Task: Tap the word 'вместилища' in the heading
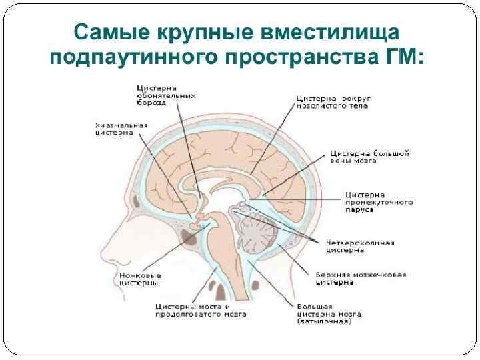pos(332,32)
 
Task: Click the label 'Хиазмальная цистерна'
pos(121,129)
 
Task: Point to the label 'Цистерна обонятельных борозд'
pos(166,95)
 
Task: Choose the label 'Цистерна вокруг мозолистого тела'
pos(333,102)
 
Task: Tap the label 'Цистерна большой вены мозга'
pos(369,158)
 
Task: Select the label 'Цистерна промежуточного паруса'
pos(378,201)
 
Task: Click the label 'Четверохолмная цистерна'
pos(359,246)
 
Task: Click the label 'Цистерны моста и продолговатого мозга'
pos(200,310)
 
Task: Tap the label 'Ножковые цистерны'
pos(139,279)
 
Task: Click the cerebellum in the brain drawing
pos(257,233)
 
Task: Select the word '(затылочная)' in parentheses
pos(324,321)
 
